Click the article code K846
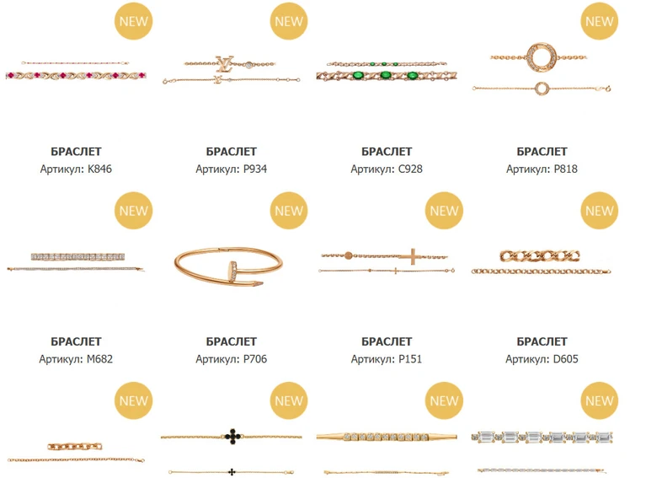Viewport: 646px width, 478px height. tap(99, 169)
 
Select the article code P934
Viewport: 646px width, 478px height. tap(255, 169)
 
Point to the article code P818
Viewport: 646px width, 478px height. tap(566, 169)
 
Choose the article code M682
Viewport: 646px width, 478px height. tap(99, 359)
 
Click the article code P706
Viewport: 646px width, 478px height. tap(255, 359)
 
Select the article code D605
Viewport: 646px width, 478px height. tap(565, 359)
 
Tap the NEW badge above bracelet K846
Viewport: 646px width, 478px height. tap(133, 21)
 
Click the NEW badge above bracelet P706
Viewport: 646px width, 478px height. tap(289, 211)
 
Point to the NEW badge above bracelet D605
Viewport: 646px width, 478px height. tap(600, 211)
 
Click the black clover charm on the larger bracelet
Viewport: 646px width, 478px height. tap(232, 436)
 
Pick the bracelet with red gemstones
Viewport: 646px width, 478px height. tap(76, 75)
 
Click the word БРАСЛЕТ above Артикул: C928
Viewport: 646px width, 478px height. tap(387, 152)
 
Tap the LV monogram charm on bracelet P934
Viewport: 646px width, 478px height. tap(225, 62)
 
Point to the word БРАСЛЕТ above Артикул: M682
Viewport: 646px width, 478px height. tap(76, 341)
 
